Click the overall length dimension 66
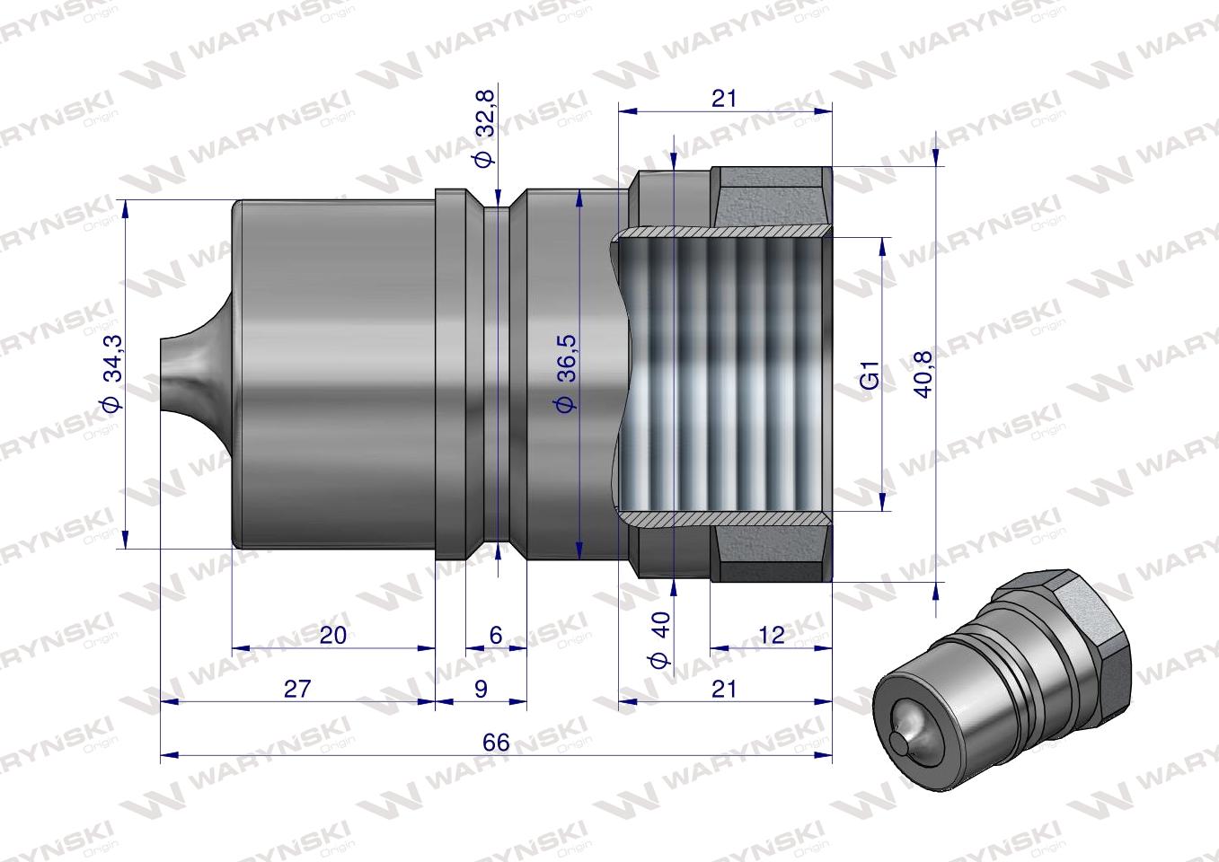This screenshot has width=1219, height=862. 495,743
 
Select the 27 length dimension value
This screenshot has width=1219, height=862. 297,688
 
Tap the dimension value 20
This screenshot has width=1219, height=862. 332,635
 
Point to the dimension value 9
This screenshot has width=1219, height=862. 481,688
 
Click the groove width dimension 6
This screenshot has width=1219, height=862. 495,635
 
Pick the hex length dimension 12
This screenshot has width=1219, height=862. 771,635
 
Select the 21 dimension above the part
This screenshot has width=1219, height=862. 724,99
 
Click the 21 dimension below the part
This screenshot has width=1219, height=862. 724,688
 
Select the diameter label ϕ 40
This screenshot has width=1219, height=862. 661,643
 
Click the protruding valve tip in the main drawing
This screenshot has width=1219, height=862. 184,372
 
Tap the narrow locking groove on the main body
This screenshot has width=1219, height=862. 496,373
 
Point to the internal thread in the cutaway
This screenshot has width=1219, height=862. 728,373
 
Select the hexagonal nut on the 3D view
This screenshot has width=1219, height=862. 1087,646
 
